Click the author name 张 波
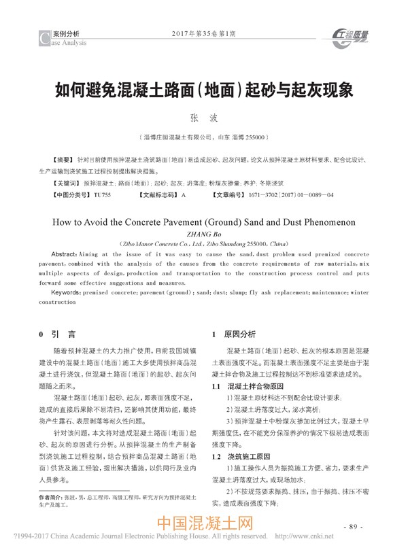point(203,118)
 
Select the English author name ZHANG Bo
point(203,232)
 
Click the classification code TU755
point(102,195)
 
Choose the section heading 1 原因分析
point(234,334)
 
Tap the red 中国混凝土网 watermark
point(205,525)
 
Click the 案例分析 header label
point(66,33)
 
